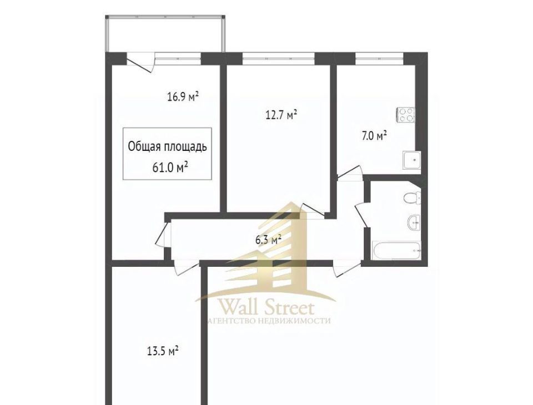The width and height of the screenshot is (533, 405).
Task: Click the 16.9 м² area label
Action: pos(183,97)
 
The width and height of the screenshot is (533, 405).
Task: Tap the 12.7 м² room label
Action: pos(281,115)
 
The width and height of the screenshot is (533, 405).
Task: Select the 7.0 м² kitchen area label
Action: pos(374,136)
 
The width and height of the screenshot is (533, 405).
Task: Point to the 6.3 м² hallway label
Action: pos(268,240)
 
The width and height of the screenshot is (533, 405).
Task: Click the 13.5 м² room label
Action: pos(163,351)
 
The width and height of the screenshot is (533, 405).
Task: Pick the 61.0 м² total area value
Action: pos(170,168)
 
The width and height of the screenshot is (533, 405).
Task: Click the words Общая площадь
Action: pos(167,147)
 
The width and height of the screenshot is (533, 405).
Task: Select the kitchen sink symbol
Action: pos(411,160)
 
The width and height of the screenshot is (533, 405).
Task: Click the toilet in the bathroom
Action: pos(413,198)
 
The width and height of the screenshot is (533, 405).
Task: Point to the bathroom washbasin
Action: pos(414,223)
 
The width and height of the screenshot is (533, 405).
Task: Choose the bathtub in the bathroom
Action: pos(396,251)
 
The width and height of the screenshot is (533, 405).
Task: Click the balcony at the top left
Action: pos(165,34)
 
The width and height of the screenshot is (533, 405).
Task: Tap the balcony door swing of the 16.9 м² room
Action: pos(140,62)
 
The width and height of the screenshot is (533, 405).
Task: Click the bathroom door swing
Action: pos(361,214)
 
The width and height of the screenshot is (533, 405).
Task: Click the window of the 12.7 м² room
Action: pos(279,58)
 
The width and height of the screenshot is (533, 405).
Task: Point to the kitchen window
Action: pos(379,58)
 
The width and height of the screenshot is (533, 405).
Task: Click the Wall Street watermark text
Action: pos(266,308)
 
